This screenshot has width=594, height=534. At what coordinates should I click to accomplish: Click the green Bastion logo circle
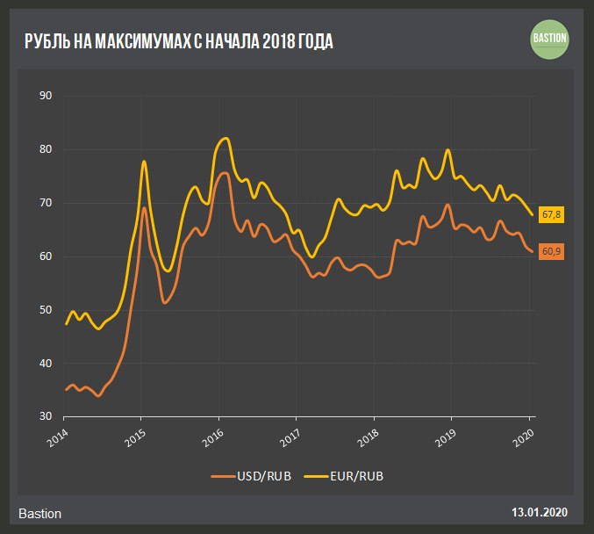550,38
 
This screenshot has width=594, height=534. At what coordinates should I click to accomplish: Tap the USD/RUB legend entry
254,476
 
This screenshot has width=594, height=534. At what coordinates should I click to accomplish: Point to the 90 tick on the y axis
47,96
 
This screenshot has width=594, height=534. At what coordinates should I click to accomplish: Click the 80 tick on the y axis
47,149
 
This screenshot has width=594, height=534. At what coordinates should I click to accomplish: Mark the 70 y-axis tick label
47,203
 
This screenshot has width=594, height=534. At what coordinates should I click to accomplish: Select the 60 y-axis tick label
47,256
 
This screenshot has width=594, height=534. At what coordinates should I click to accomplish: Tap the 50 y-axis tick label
47,310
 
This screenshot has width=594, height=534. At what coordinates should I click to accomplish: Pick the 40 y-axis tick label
47,364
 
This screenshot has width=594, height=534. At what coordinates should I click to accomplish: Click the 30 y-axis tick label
47,416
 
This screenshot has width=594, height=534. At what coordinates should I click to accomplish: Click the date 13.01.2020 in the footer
539,512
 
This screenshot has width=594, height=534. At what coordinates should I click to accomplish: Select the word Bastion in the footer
39,513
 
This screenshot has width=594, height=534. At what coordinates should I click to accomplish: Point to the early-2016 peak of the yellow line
226,138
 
